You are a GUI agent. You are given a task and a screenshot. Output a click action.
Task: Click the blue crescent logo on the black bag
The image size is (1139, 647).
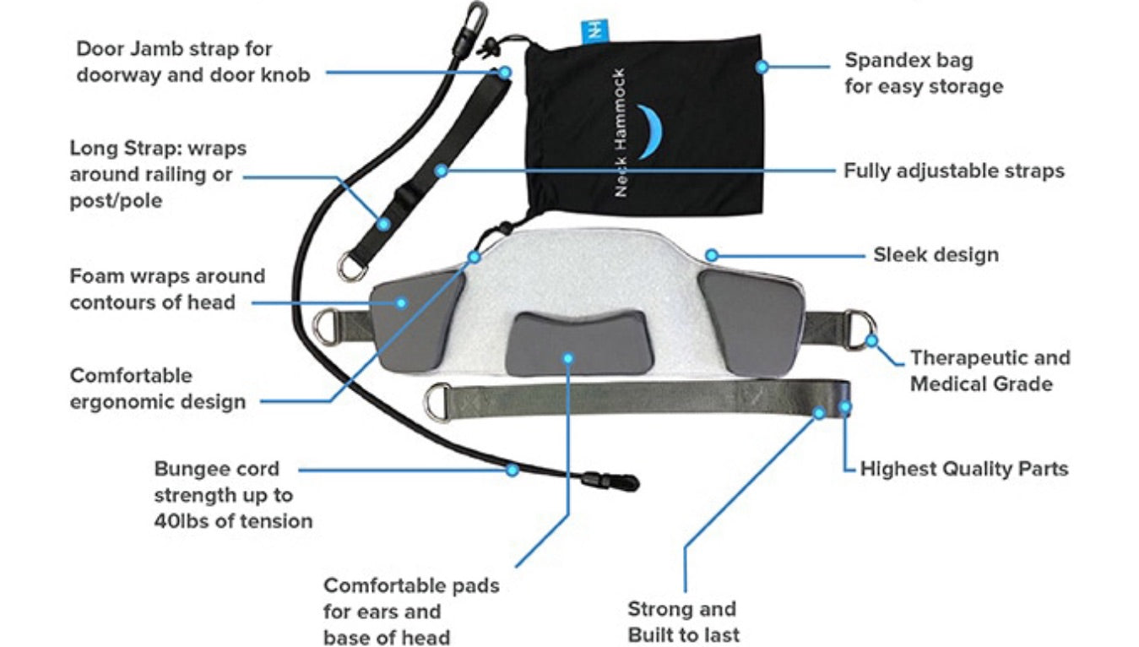click(648, 132)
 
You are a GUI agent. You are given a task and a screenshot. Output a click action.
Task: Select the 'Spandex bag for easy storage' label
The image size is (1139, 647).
click(924, 73)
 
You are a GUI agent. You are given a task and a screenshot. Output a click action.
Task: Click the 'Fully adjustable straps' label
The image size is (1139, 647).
click(953, 171)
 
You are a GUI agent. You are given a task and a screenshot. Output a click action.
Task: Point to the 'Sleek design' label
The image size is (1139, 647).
click(936, 254)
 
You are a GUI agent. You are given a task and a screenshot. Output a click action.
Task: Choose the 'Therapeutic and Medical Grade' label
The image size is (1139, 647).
click(989, 371)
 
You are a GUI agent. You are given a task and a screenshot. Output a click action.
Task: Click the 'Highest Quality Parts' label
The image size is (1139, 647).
click(963, 469)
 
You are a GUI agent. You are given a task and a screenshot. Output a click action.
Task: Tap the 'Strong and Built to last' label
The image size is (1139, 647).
click(682, 622)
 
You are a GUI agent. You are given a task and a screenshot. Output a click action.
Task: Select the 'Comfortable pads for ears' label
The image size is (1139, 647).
click(411, 611)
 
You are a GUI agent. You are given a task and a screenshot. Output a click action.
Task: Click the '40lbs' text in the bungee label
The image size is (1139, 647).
click(183, 521)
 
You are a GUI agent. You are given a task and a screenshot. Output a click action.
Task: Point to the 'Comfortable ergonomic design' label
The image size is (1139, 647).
click(158, 388)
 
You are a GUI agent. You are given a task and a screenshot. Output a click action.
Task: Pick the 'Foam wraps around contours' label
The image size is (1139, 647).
click(167, 289)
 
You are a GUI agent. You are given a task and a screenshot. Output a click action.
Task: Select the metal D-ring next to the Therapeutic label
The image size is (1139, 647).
click(860, 330)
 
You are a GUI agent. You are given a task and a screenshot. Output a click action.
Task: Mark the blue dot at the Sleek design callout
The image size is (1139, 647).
click(712, 254)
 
